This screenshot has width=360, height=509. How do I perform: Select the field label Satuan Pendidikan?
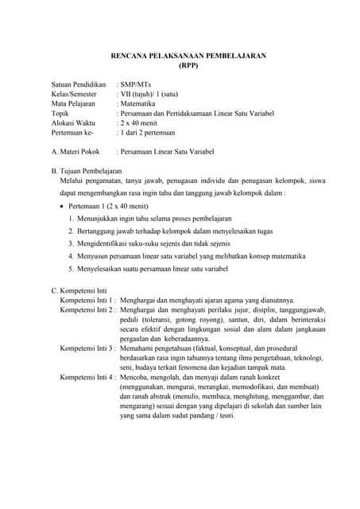79,84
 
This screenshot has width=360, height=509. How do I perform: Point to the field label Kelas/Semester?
75,94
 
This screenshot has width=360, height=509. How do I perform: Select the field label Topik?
62,115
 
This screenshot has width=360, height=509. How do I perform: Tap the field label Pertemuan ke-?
72,135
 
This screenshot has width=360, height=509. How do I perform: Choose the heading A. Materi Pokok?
75,151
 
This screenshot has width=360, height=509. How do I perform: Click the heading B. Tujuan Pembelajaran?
87,171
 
